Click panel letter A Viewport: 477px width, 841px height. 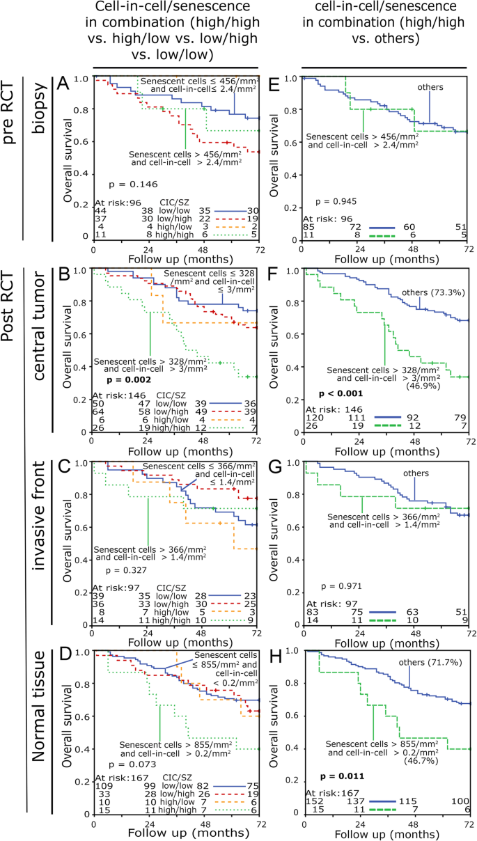pyautogui.click(x=100, y=85)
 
